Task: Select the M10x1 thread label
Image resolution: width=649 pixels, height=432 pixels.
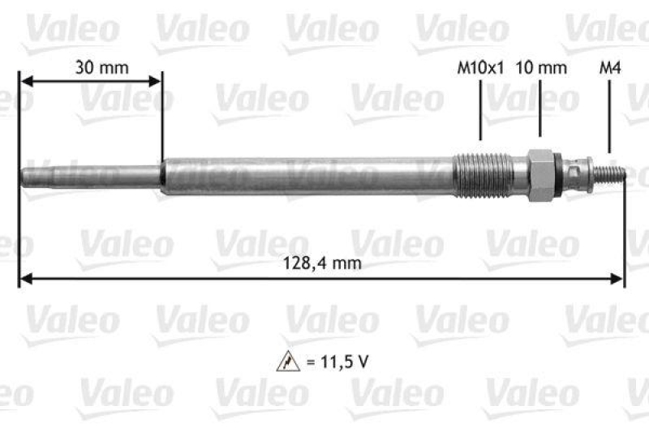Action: point(481,68)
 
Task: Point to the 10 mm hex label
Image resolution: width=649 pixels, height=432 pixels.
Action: point(541,68)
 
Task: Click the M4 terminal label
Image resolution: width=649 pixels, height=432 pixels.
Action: point(609,68)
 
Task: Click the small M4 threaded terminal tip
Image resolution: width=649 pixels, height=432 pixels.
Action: point(613,173)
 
